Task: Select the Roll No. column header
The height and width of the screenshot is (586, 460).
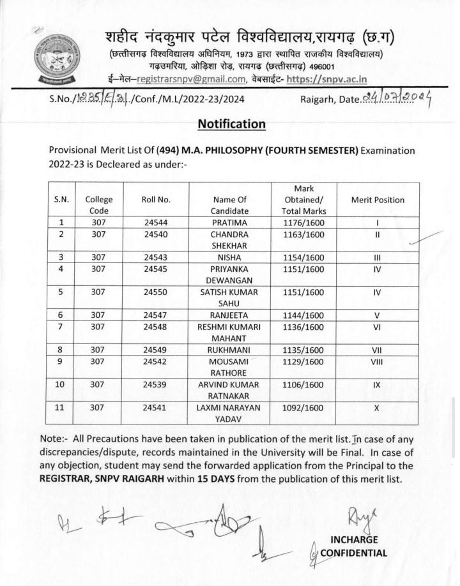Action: pos(157,200)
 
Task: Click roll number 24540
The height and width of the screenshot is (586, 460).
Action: pos(157,234)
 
